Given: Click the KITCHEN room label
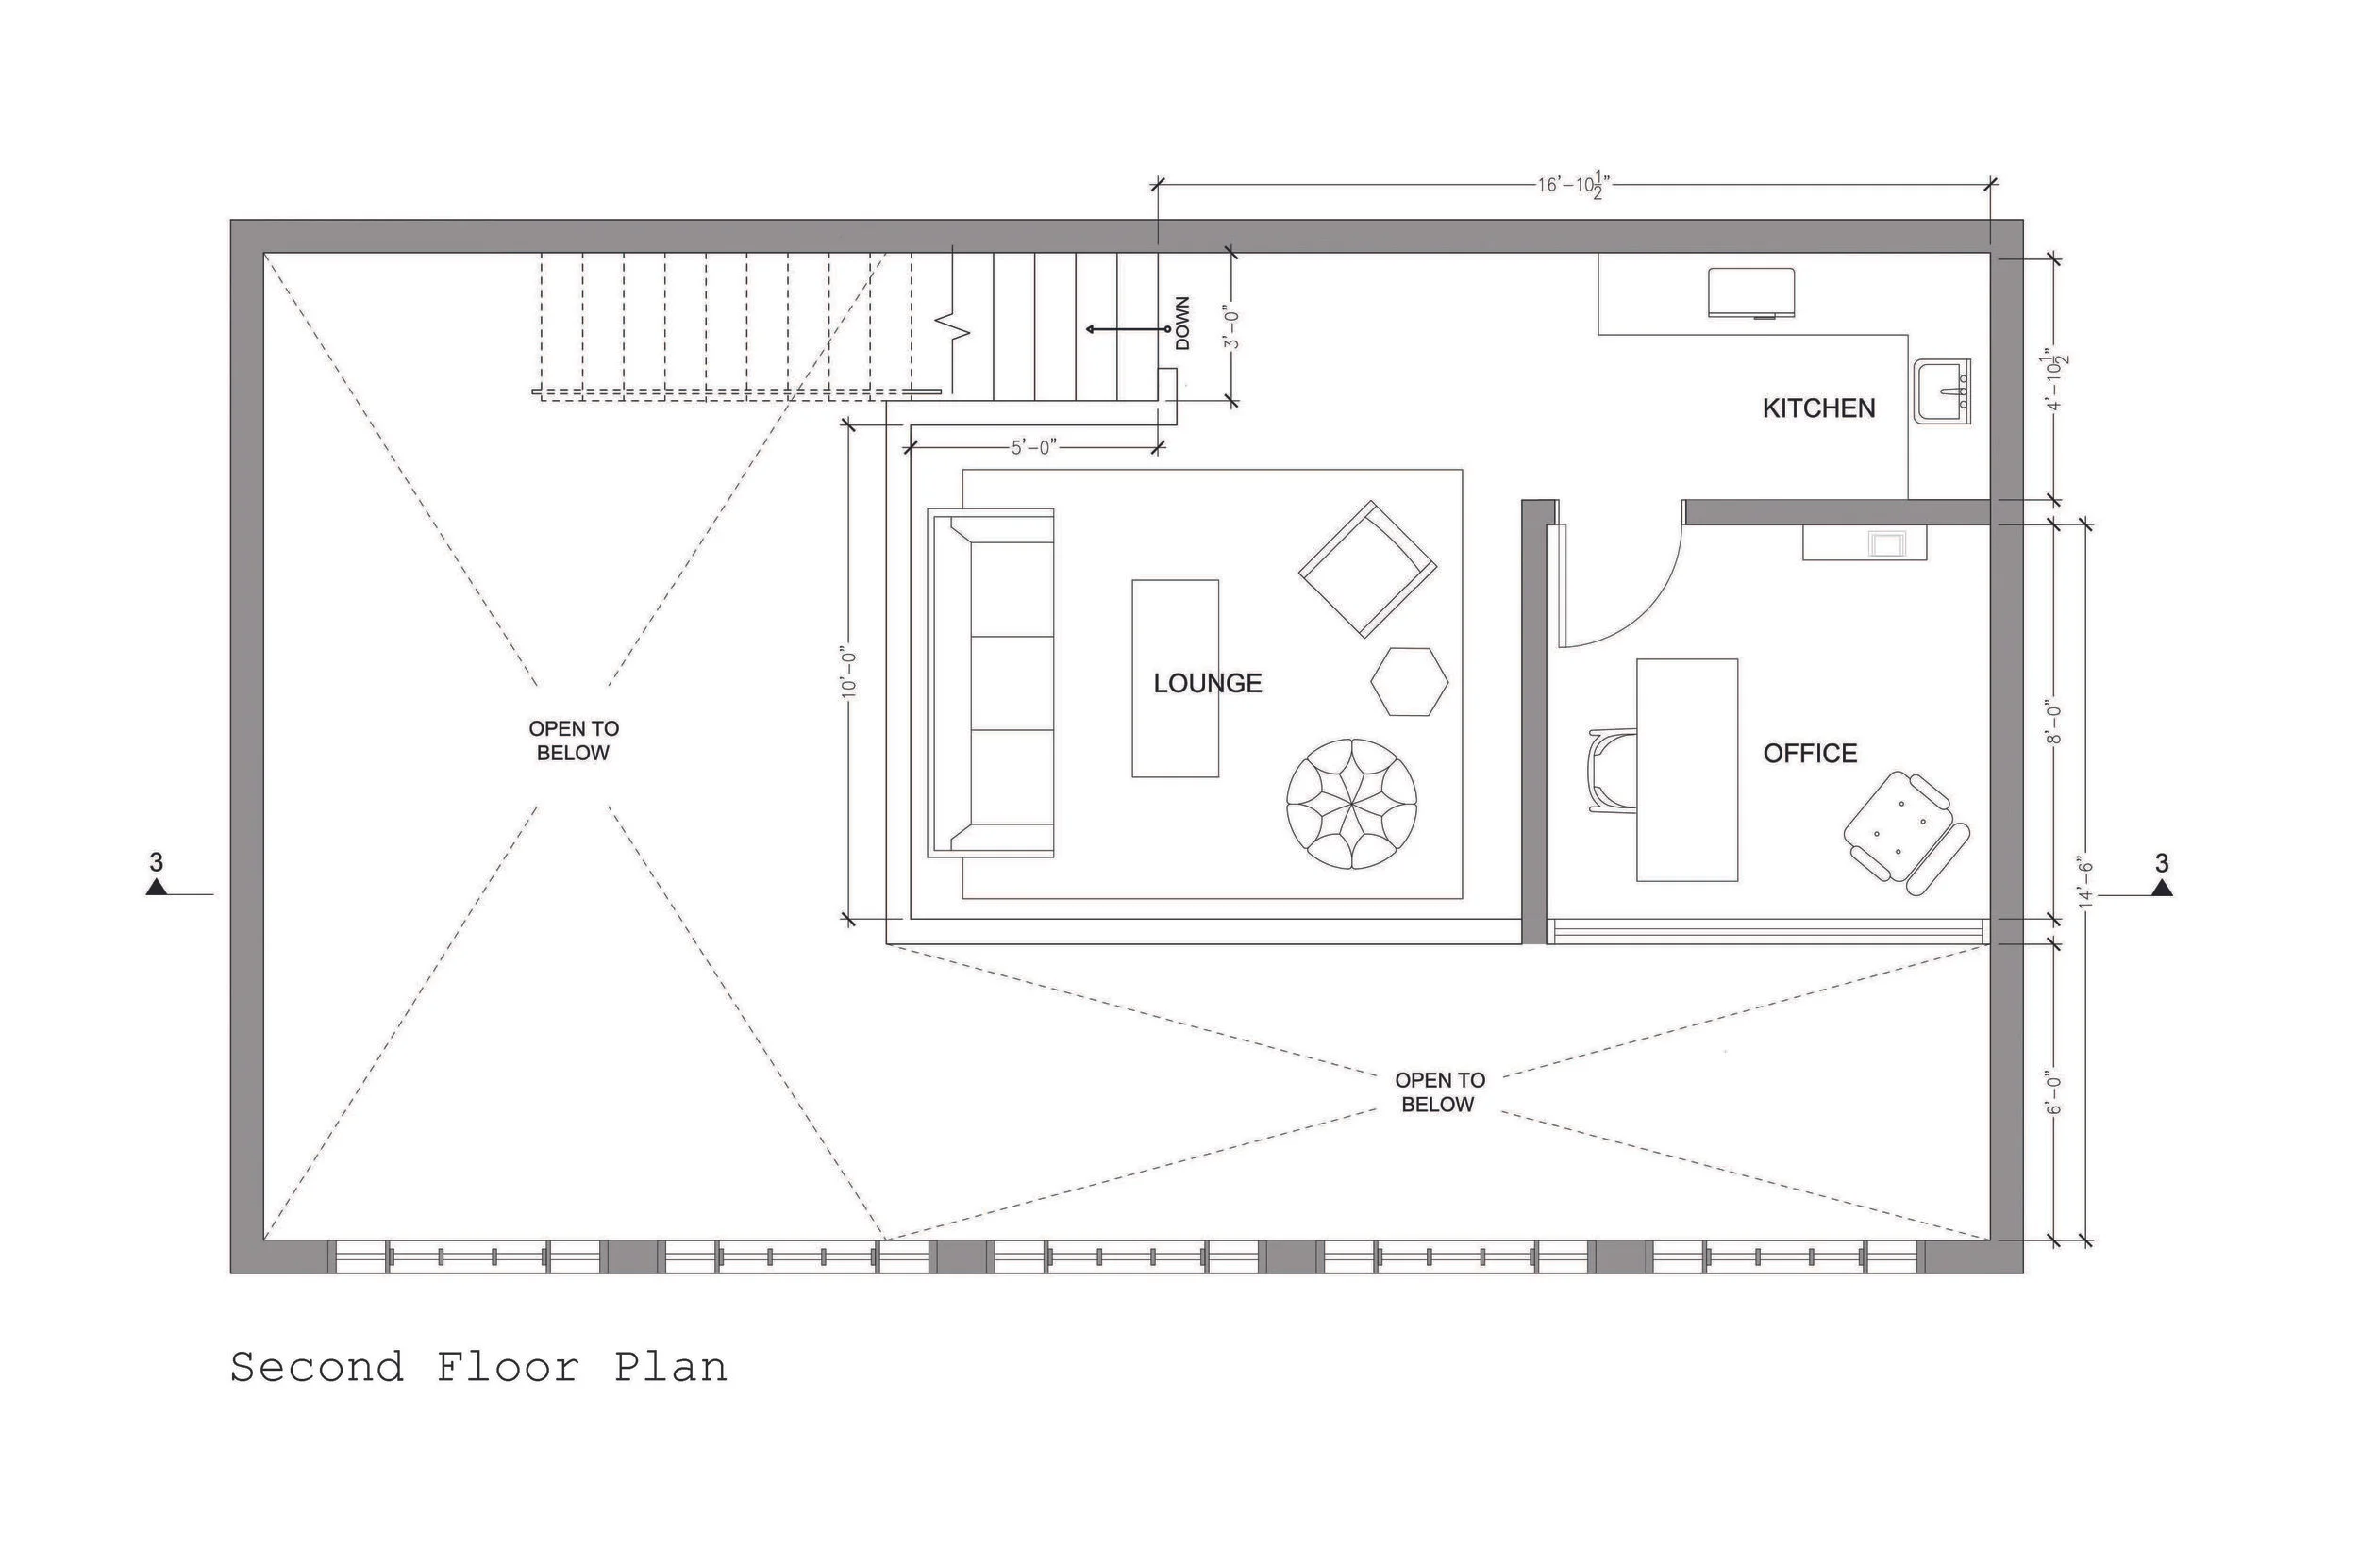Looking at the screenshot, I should (x=1817, y=408).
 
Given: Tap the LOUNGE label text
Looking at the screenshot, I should (x=1207, y=683).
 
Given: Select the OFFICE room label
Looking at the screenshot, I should (x=1810, y=753).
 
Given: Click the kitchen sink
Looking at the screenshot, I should (x=1942, y=391).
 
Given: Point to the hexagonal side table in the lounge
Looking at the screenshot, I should (x=1410, y=681).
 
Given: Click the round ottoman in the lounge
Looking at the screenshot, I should (x=1352, y=804).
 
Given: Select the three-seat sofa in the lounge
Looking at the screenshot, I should (x=991, y=683).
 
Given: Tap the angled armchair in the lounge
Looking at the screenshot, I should (x=1368, y=569).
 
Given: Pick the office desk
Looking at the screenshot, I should (x=1686, y=769).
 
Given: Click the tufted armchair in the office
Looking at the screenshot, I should (x=1906, y=835).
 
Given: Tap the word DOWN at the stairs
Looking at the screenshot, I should (x=1182, y=323).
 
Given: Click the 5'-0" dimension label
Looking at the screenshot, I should (x=1034, y=448).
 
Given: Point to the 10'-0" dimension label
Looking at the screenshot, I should (x=849, y=674).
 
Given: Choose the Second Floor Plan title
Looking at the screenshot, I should (x=478, y=1368).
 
